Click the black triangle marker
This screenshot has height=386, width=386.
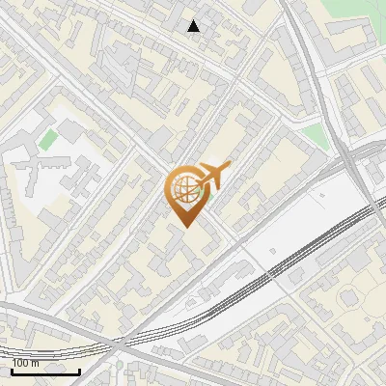(x=194, y=26)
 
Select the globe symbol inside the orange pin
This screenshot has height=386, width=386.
(x=183, y=189)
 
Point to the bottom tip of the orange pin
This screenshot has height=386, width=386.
(x=185, y=227)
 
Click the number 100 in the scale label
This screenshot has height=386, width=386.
(x=21, y=363)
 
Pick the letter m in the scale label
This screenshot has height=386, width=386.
(x=36, y=363)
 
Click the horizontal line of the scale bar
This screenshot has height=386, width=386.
(x=45, y=371)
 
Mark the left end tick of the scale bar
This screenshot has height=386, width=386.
(x=12, y=369)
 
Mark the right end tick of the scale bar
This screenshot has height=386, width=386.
(x=79, y=369)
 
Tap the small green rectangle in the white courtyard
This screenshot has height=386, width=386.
(x=48, y=139)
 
